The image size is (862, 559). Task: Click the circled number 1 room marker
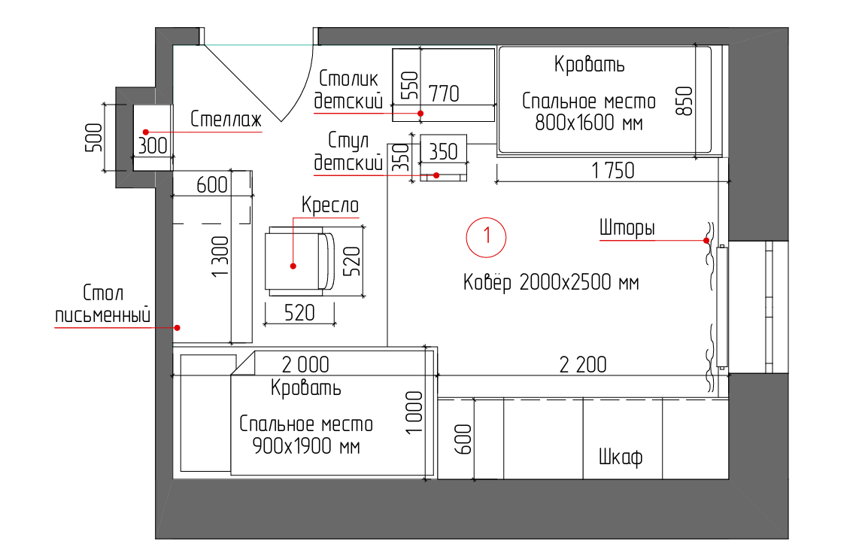(486, 236)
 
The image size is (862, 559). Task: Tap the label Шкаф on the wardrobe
(621, 457)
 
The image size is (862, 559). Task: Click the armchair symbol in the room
(298, 260)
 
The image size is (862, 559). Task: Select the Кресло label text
(330, 205)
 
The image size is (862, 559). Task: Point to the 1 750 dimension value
(613, 171)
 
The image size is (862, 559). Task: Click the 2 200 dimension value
(582, 365)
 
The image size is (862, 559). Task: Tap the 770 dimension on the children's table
(444, 94)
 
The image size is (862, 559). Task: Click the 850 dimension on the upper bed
(684, 100)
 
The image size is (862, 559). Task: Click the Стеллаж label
(225, 119)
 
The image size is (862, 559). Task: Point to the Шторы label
(627, 228)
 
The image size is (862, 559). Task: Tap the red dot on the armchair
(293, 266)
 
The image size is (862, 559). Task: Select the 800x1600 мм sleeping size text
(589, 123)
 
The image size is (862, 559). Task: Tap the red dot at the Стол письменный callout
(178, 327)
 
